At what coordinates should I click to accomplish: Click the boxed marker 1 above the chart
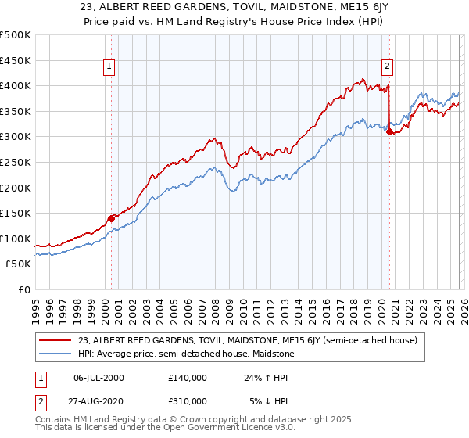(110, 66)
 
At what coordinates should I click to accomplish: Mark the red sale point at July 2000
(111, 218)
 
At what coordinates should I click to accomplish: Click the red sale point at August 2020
(389, 132)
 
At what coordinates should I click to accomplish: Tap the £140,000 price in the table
(187, 378)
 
